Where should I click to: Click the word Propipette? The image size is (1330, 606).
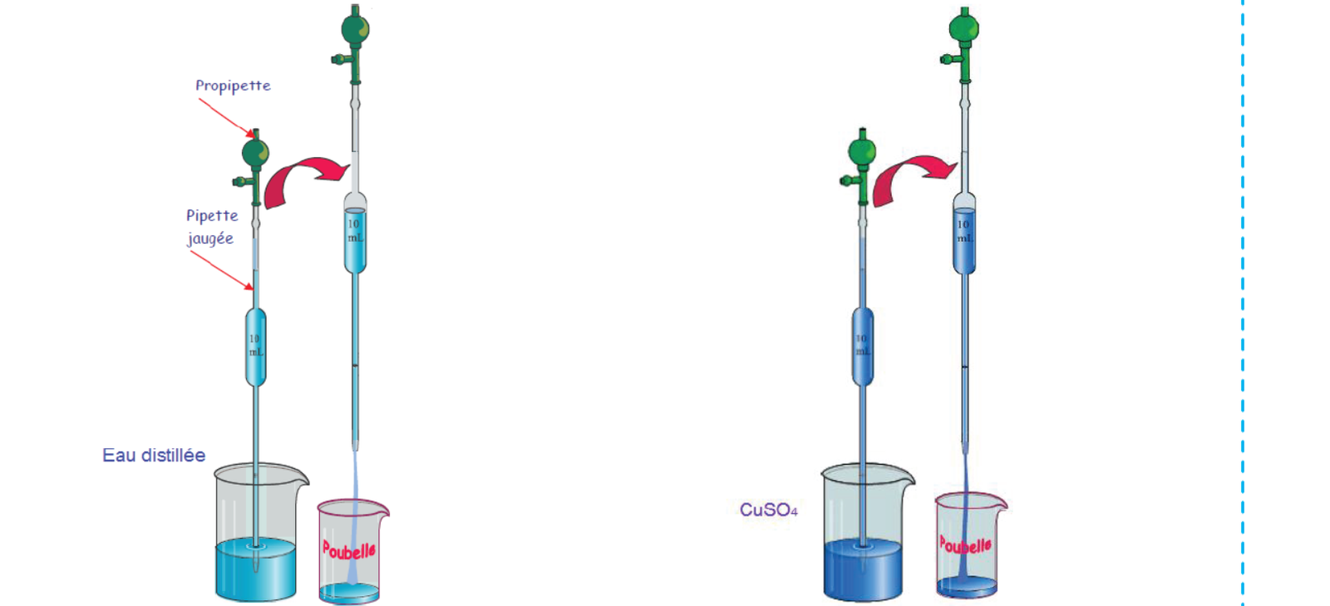(x=233, y=86)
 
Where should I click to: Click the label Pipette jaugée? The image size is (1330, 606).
(x=211, y=227)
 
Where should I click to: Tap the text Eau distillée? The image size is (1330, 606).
(x=154, y=456)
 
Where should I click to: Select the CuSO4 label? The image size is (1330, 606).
(x=768, y=510)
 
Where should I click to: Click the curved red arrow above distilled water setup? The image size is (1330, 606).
(x=304, y=176)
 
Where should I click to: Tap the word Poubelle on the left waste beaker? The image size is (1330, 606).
(x=349, y=549)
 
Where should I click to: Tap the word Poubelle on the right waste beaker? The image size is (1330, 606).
(x=965, y=544)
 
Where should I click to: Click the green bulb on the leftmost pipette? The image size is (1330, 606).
(x=255, y=154)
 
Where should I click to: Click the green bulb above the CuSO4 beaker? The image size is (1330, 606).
(x=862, y=152)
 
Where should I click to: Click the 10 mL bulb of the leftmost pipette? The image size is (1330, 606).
(x=256, y=346)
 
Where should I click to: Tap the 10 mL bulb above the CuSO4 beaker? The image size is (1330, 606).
(x=863, y=346)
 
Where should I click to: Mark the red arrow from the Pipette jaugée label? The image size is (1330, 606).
(x=221, y=269)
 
